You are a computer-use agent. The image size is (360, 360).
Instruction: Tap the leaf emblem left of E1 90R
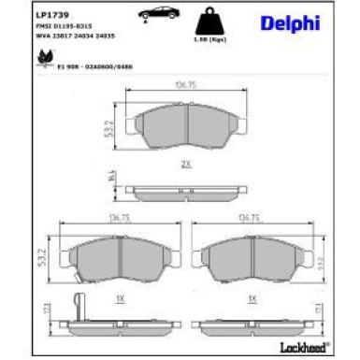pyautogui.click(x=42, y=58)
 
